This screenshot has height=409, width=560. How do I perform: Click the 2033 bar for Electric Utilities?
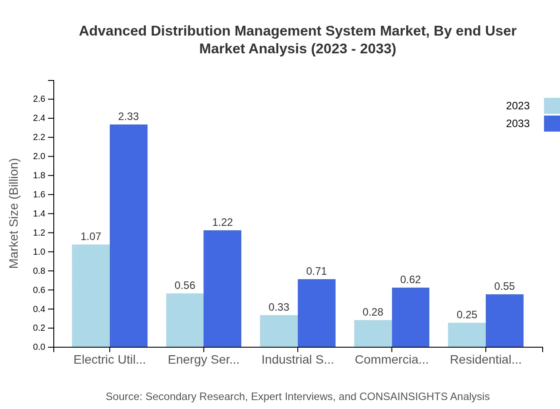[x=128, y=236]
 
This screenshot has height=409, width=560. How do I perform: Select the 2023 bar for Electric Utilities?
[x=91, y=296]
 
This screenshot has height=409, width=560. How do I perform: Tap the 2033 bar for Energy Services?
[x=222, y=289]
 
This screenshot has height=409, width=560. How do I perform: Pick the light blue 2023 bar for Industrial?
[x=279, y=331]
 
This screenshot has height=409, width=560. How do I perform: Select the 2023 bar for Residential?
[x=467, y=335]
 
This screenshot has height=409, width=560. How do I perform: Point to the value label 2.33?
[x=128, y=116]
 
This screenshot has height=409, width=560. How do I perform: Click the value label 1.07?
[x=91, y=237]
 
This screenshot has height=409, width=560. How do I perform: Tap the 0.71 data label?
[x=316, y=271]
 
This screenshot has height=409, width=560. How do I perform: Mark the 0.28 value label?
[x=373, y=312]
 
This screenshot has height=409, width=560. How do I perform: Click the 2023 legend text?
[x=518, y=106]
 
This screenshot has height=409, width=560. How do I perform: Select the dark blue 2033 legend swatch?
[x=552, y=124]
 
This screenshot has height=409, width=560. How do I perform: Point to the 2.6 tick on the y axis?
[x=39, y=99]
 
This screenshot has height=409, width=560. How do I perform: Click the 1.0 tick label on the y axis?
[x=39, y=252]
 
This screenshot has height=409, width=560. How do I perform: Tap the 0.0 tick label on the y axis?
[x=39, y=347]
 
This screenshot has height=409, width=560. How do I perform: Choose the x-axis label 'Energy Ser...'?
[x=204, y=360]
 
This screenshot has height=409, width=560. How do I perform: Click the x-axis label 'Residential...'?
[x=485, y=360]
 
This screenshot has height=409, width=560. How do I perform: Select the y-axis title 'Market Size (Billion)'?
[x=14, y=213]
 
